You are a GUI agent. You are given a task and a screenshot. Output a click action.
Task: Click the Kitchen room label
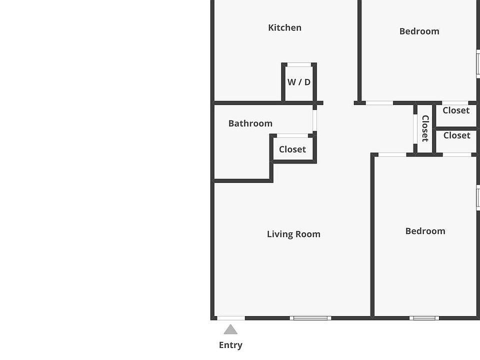284,27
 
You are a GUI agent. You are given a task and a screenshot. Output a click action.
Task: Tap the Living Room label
293,234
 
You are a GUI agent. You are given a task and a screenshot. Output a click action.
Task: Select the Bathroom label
250,123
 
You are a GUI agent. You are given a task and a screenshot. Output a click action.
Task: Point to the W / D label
299,82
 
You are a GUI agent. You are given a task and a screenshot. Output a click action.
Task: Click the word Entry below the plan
230,345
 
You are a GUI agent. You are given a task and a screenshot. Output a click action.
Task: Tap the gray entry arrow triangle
230,329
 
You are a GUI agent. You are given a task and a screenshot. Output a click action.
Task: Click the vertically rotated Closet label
425,128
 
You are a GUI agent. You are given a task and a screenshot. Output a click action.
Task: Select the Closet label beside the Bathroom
292,149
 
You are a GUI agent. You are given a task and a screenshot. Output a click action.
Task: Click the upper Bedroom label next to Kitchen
419,31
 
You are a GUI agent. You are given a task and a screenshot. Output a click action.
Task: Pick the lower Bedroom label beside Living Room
425,231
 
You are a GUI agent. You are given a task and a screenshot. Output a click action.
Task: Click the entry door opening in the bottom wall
231,318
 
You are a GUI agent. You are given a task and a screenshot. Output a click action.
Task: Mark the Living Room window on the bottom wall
310,318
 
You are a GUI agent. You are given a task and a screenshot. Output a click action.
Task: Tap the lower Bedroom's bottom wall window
424,318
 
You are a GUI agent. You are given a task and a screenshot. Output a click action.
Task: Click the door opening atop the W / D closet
299,64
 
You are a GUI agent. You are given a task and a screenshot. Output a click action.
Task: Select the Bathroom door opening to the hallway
314,120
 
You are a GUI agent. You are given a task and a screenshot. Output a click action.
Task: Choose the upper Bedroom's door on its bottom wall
379,103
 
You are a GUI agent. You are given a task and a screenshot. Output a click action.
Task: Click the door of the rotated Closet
415,129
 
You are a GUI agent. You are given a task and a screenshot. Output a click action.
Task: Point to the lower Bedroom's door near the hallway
392,154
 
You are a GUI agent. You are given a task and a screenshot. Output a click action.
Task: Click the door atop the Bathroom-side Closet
292,135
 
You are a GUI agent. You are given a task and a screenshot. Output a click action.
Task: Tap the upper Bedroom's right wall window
478,64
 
